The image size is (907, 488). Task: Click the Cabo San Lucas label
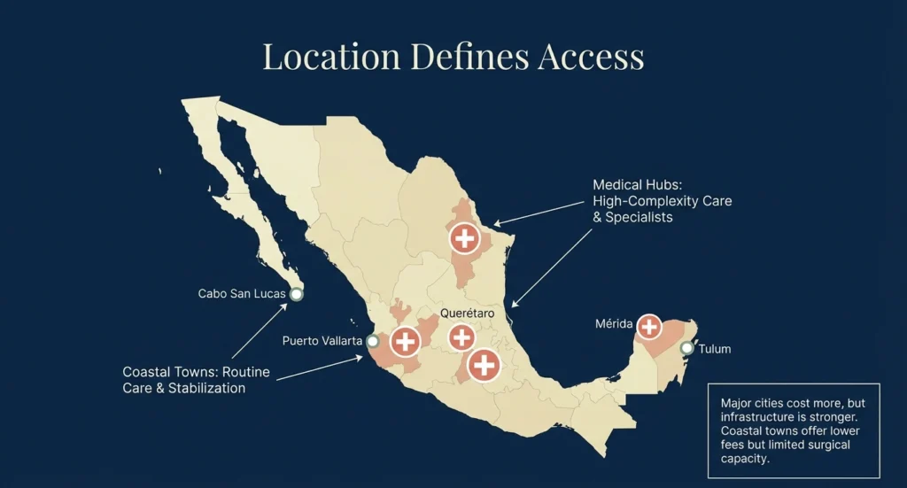point(241,294)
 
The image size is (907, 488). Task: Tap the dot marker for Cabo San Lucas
point(297,294)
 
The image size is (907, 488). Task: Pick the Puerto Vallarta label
point(322,341)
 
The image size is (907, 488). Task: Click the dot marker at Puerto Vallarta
point(373,341)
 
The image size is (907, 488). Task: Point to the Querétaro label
point(467,314)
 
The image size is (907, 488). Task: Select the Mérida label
point(614,325)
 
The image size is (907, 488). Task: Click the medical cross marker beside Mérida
point(649,327)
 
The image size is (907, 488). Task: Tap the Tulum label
point(715,349)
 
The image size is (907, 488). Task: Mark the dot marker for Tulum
point(686,348)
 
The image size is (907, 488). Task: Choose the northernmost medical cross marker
point(464,237)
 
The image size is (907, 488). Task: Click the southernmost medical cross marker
point(484,364)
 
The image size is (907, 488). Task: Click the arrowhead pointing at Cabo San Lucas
point(286,306)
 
